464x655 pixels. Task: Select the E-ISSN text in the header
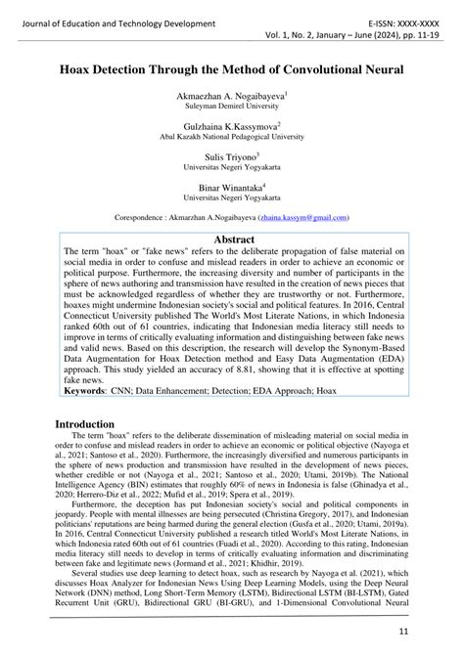pyautogui.click(x=388, y=22)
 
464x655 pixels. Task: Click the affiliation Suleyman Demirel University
pyautogui.click(x=231, y=108)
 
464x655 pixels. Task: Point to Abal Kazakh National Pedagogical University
pyautogui.click(x=231, y=138)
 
